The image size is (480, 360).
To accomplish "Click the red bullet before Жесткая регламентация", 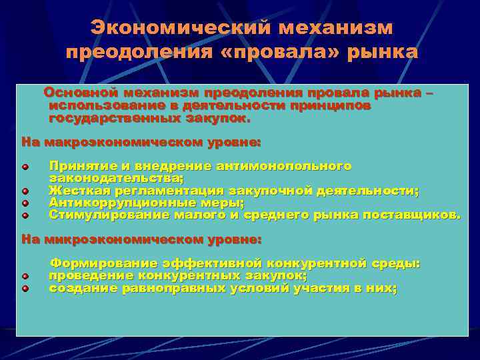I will (x=25, y=191).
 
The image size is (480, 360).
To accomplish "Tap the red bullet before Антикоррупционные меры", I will (x=25, y=203).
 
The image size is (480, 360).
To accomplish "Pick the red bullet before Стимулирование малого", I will (x=25, y=215).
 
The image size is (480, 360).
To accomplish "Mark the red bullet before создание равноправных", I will (x=25, y=289).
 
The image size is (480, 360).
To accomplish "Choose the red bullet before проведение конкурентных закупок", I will (x=25, y=276).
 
